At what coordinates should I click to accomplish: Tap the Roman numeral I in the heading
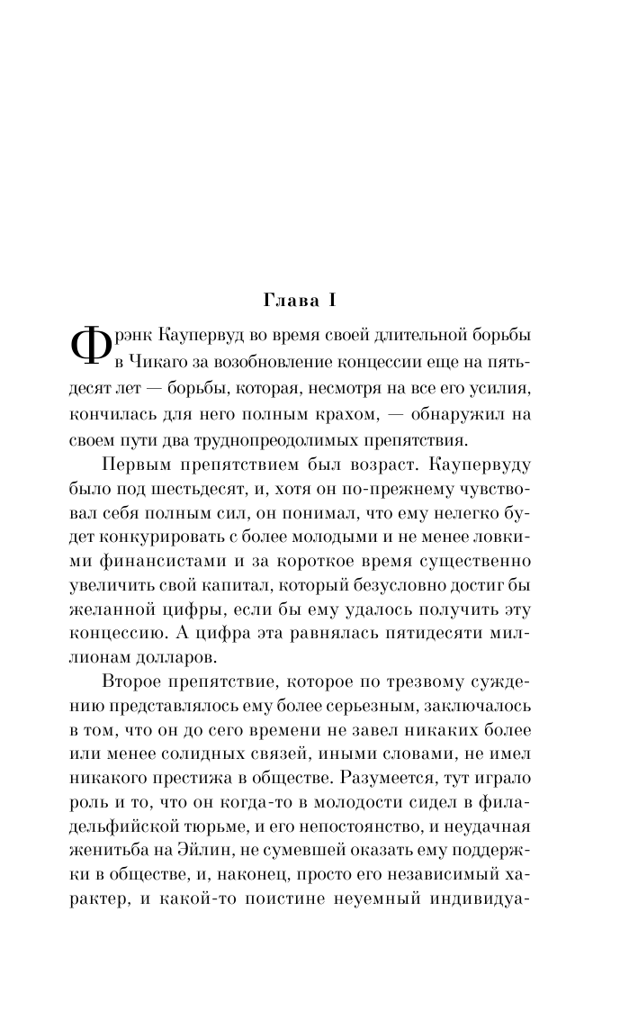pyautogui.click(x=329, y=298)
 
